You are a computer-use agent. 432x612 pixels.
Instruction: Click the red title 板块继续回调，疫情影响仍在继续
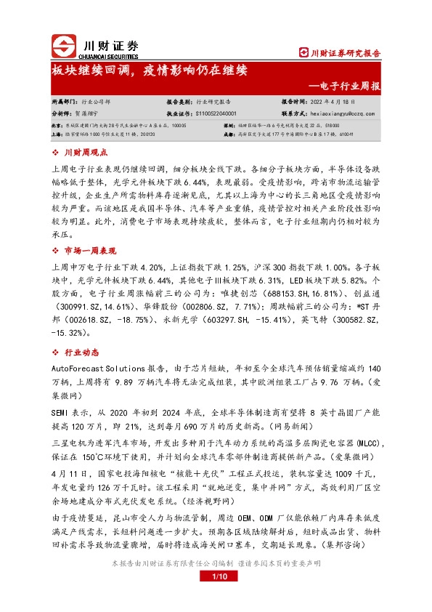pos(149,71)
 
